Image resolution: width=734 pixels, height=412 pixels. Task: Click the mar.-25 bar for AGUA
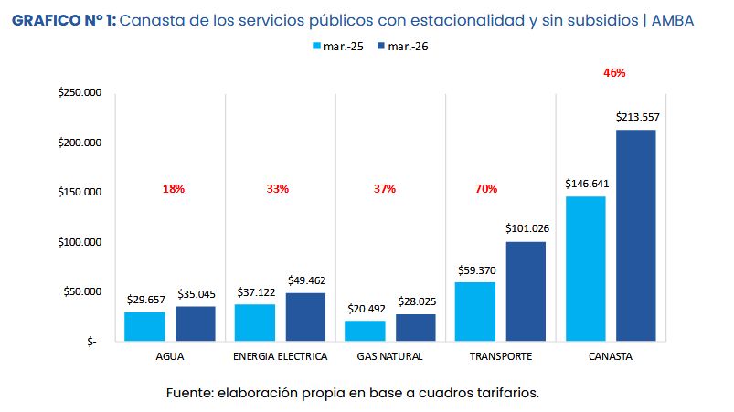(144, 326)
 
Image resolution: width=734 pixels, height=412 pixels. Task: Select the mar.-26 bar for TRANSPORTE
(525, 291)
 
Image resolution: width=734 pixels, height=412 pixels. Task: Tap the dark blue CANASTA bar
(635, 236)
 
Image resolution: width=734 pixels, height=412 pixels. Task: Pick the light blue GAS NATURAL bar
(365, 331)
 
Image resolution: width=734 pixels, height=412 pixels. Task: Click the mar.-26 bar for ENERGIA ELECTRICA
(305, 317)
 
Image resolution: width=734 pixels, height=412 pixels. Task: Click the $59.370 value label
(474, 270)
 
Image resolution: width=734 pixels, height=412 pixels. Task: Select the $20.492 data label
(365, 309)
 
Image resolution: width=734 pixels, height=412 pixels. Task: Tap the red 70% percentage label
(485, 189)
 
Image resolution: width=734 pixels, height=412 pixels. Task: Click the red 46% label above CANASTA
(614, 73)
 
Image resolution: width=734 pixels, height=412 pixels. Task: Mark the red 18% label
(174, 189)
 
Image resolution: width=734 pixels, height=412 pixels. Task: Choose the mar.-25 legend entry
(337, 46)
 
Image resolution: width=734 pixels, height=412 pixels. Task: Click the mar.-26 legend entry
(404, 46)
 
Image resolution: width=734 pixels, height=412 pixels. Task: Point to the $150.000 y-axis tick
(79, 193)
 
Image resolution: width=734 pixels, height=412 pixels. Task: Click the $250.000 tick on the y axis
(79, 93)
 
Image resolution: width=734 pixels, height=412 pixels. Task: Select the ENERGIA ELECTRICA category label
(281, 356)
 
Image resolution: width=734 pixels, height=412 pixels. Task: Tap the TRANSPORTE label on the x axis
(500, 356)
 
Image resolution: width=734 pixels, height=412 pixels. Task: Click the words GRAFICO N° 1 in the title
(63, 19)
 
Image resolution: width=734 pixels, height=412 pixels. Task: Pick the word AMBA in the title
(686, 19)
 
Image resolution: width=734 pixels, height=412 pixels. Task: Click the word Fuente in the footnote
(189, 393)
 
